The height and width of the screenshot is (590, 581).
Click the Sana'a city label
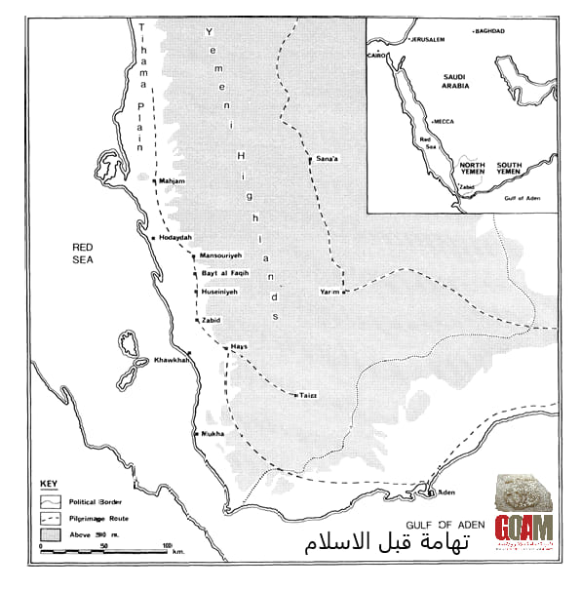[328, 158]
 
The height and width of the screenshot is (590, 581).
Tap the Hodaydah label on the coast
[175, 238]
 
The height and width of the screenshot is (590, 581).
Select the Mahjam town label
[173, 181]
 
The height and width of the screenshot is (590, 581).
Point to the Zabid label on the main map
[212, 320]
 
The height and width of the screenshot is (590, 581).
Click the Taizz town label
[308, 396]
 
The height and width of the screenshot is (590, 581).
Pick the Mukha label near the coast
[213, 433]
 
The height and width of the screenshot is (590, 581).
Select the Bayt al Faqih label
[225, 274]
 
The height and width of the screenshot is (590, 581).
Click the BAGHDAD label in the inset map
[489, 32]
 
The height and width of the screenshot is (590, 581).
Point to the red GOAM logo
[523, 528]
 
